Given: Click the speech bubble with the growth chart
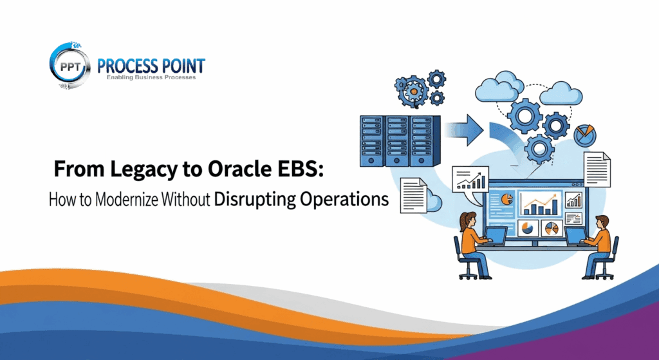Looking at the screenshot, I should [472, 179].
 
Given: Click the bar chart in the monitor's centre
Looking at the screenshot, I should [539, 204].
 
